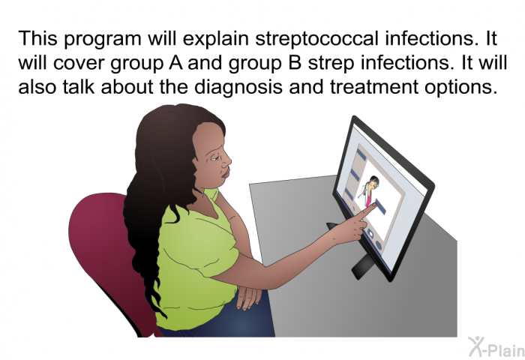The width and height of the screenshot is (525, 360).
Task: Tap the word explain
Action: point(215,39)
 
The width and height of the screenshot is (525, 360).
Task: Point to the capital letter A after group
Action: point(175,62)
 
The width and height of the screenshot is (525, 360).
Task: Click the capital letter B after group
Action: point(295,62)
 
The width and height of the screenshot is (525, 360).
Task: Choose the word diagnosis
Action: point(238,88)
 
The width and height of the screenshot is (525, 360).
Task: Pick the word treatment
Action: point(374,87)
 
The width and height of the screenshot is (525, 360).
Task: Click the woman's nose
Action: point(227,160)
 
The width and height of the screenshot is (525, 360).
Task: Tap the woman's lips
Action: point(226,173)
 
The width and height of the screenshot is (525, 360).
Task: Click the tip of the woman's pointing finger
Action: point(375,204)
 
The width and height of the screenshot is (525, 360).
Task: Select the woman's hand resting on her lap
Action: point(248,298)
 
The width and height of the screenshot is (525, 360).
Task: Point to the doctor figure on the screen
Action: point(369,192)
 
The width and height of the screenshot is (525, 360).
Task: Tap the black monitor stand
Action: point(362,266)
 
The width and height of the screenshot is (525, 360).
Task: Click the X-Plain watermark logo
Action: point(496,347)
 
